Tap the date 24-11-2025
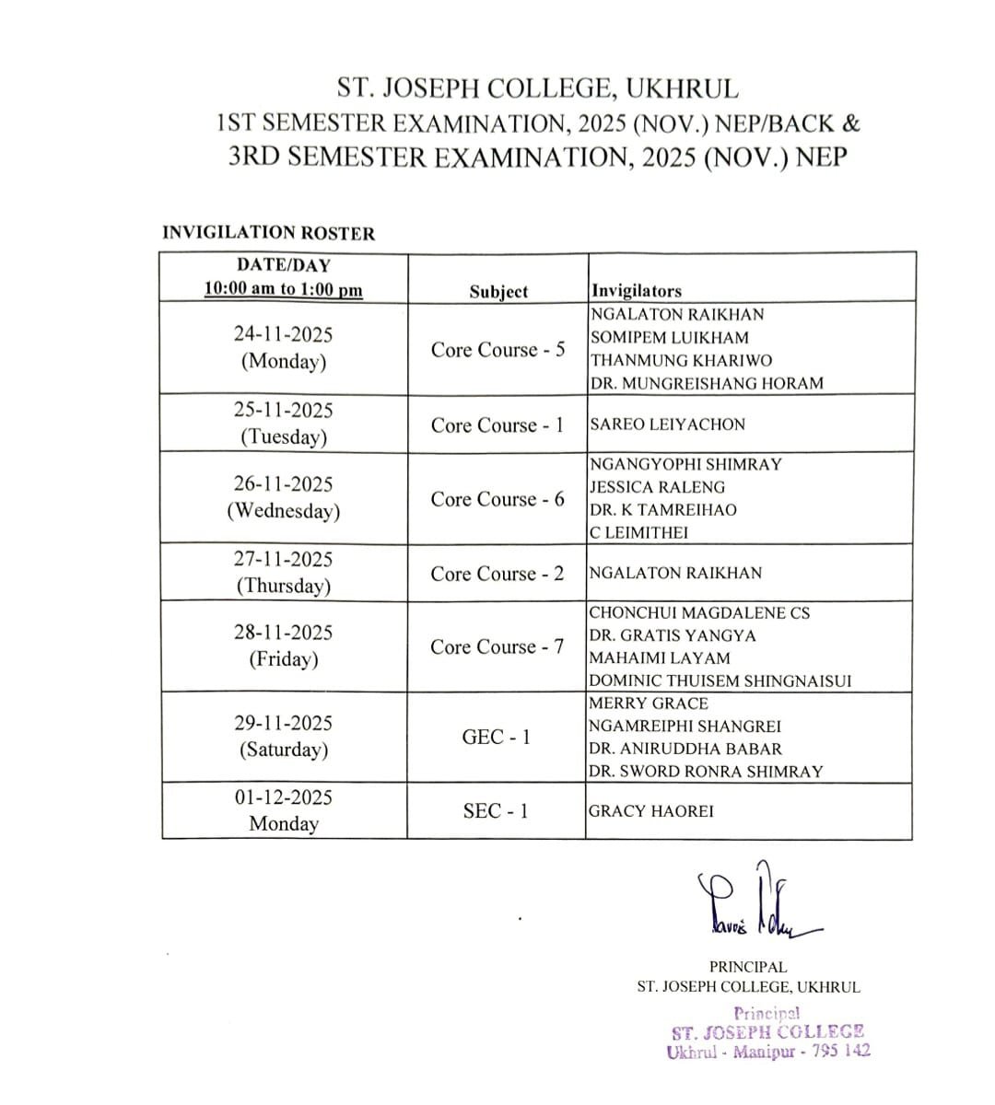point(283,334)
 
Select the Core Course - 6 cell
point(497,499)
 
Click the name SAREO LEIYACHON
point(667,425)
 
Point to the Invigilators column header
point(637,291)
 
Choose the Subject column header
point(498,292)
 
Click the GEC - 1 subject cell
point(496,738)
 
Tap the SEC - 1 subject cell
point(496,811)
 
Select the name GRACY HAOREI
point(650,811)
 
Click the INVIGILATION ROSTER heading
point(269,233)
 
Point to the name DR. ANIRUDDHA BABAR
point(685,749)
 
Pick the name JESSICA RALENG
point(657,487)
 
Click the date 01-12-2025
point(283,797)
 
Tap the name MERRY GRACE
point(649,704)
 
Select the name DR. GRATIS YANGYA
point(673,635)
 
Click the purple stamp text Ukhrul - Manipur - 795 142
point(768,1051)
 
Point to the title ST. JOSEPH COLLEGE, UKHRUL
point(538,89)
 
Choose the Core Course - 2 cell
point(497,574)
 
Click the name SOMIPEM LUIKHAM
point(669,337)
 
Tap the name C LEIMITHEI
point(638,532)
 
